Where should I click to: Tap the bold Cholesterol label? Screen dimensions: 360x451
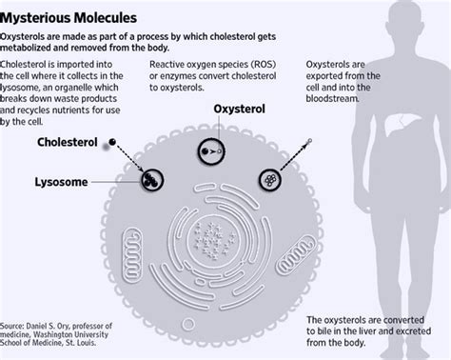pos(68,144)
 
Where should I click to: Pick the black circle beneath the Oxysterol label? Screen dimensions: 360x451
pos(210,150)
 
